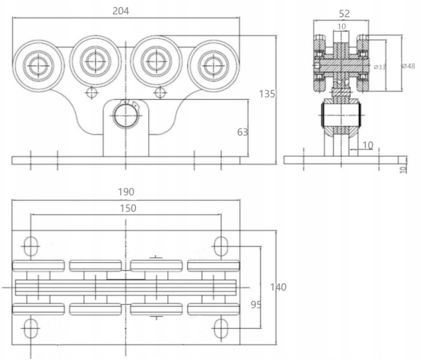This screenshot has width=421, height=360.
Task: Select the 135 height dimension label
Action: (x=267, y=94)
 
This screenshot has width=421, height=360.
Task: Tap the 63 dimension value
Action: (x=242, y=132)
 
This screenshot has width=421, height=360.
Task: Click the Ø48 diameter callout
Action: (x=408, y=66)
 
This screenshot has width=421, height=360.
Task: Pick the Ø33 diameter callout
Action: (x=380, y=67)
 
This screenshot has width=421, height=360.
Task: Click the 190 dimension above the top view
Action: (x=126, y=192)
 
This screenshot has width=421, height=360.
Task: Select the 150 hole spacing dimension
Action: (x=126, y=208)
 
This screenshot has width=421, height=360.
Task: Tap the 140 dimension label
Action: (x=278, y=287)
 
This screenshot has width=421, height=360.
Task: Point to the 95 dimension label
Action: (x=256, y=305)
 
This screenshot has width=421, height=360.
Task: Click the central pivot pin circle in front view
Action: (x=126, y=115)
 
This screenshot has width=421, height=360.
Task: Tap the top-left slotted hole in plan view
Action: (x=30, y=245)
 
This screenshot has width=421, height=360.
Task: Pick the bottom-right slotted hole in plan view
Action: (x=222, y=328)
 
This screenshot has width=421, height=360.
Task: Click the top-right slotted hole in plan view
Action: (x=221, y=245)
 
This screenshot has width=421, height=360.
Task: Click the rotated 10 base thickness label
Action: (x=402, y=168)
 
